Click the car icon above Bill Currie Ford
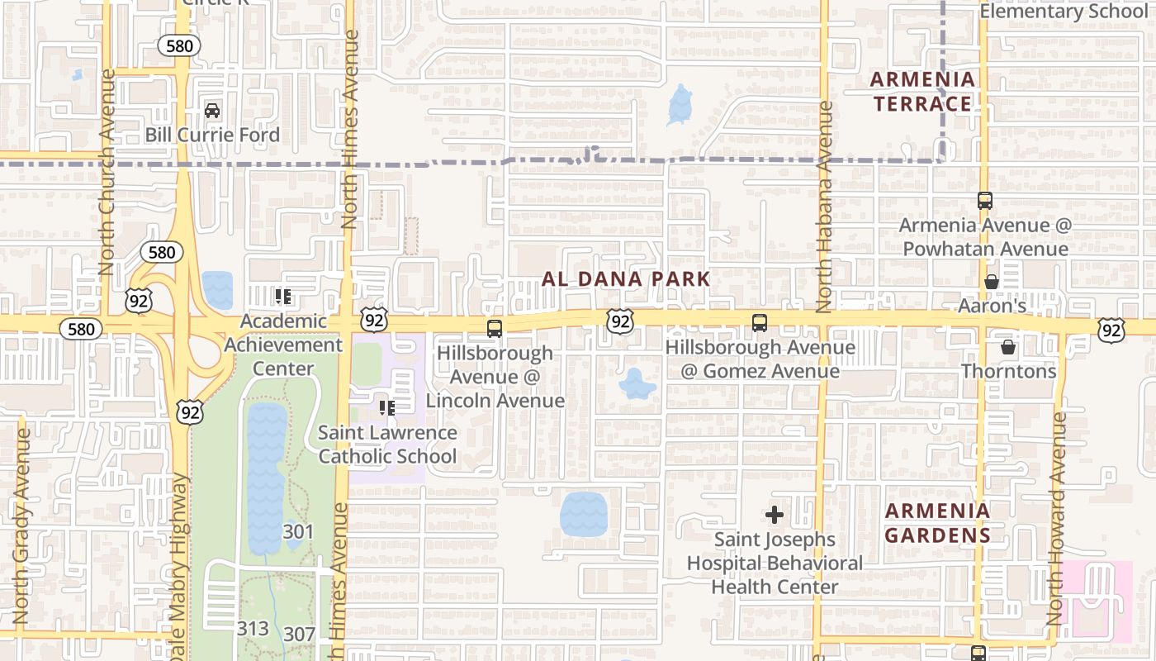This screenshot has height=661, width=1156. tap(212, 111)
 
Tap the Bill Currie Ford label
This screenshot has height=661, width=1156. tap(212, 135)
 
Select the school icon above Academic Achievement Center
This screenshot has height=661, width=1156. tap(283, 296)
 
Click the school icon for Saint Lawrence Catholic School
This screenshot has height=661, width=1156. tap(386, 407)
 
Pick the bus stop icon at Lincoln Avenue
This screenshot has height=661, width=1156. tap(495, 329)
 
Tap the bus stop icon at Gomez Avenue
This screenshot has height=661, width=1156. tap(760, 323)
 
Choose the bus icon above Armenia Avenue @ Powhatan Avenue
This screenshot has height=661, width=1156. tap(984, 201)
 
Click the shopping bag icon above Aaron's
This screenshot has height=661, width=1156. tap(992, 282)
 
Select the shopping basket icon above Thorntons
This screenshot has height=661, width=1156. tap(1008, 347)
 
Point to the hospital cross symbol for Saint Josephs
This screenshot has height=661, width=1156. tap(774, 516)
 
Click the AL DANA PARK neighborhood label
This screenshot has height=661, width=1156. tap(626, 279)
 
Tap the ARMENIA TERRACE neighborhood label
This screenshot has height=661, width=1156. tap(923, 92)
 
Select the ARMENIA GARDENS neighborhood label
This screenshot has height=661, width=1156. tap(937, 523)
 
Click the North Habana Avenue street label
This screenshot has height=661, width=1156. tap(823, 207)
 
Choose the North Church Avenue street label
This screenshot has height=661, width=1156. tap(107, 172)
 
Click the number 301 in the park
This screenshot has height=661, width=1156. tap(298, 531)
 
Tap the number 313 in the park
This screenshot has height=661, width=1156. tap(253, 629)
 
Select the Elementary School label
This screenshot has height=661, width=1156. tap(1064, 12)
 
